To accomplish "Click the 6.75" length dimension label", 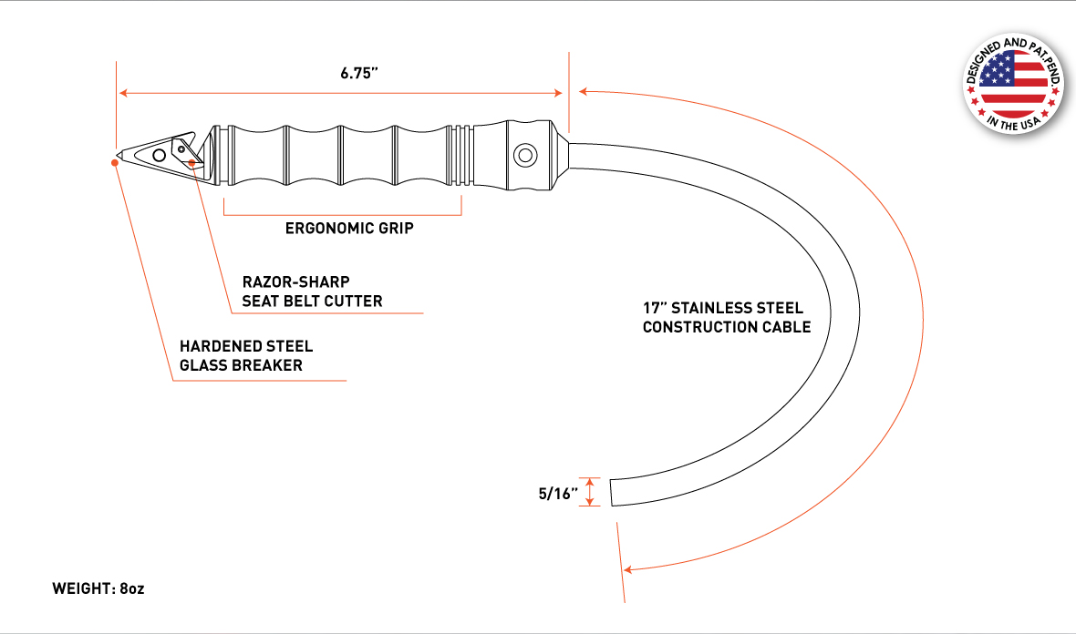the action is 359,73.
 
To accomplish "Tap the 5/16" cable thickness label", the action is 558,494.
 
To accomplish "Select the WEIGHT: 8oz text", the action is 98,588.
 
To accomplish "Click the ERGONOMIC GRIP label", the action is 349,229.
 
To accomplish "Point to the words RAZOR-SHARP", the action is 295,281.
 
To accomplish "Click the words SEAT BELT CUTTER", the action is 312,301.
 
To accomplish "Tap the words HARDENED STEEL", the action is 246,346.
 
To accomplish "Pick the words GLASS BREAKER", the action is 241,365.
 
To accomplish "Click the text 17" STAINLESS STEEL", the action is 722,308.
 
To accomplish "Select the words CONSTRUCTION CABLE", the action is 727,327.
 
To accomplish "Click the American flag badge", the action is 1013,84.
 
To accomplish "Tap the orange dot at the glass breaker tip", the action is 115,163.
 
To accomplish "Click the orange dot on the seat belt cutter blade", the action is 191,163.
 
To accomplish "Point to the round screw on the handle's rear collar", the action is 525,155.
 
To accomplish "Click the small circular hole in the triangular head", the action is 160,156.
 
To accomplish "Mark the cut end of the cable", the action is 611,493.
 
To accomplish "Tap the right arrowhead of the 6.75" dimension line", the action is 558,93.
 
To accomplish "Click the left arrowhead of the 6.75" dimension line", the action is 124,93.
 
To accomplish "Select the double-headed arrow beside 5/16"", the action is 589,492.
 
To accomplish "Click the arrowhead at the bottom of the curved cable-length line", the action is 628,569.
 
